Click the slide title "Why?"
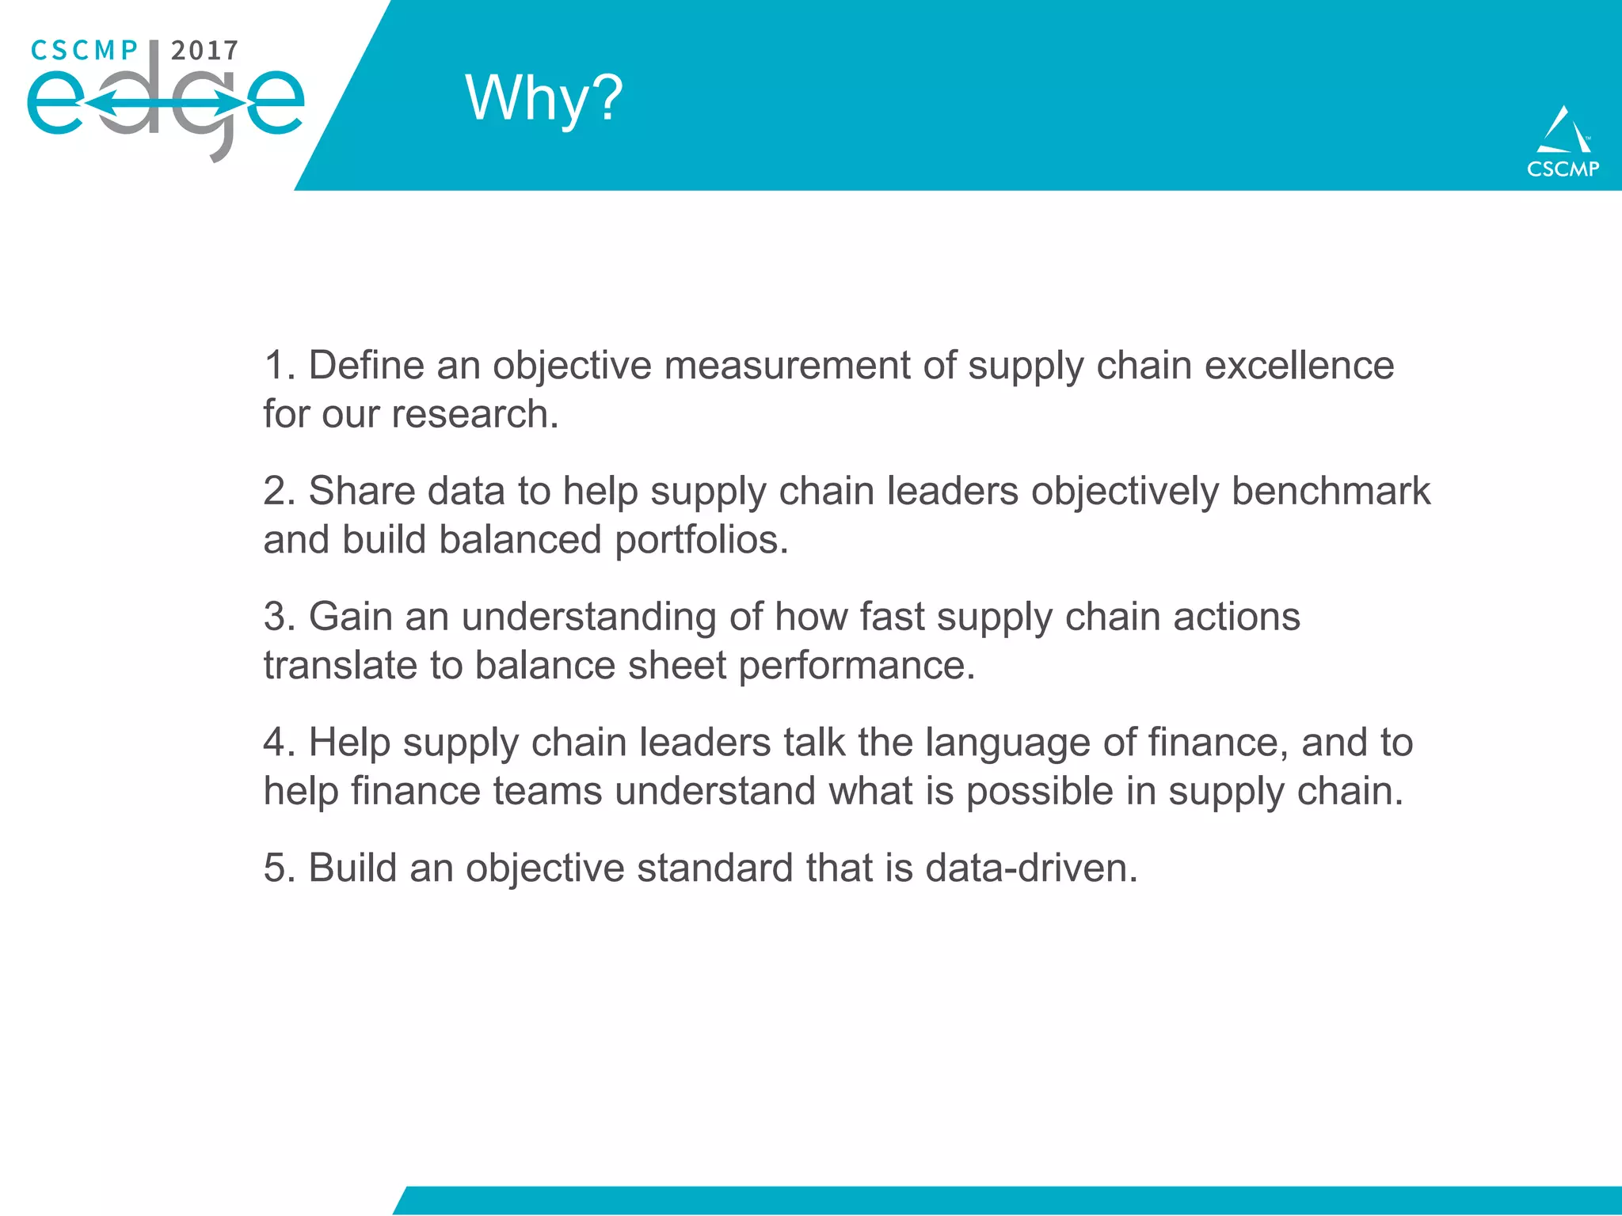tap(544, 98)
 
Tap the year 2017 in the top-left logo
tap(204, 51)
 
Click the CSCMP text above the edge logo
tap(84, 51)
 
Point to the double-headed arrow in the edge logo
tap(165, 103)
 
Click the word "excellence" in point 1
tap(1299, 366)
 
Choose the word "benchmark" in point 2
tap(1331, 491)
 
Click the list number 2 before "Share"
tap(277, 491)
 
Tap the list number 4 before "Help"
tap(277, 743)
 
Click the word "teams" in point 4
tap(547, 792)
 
